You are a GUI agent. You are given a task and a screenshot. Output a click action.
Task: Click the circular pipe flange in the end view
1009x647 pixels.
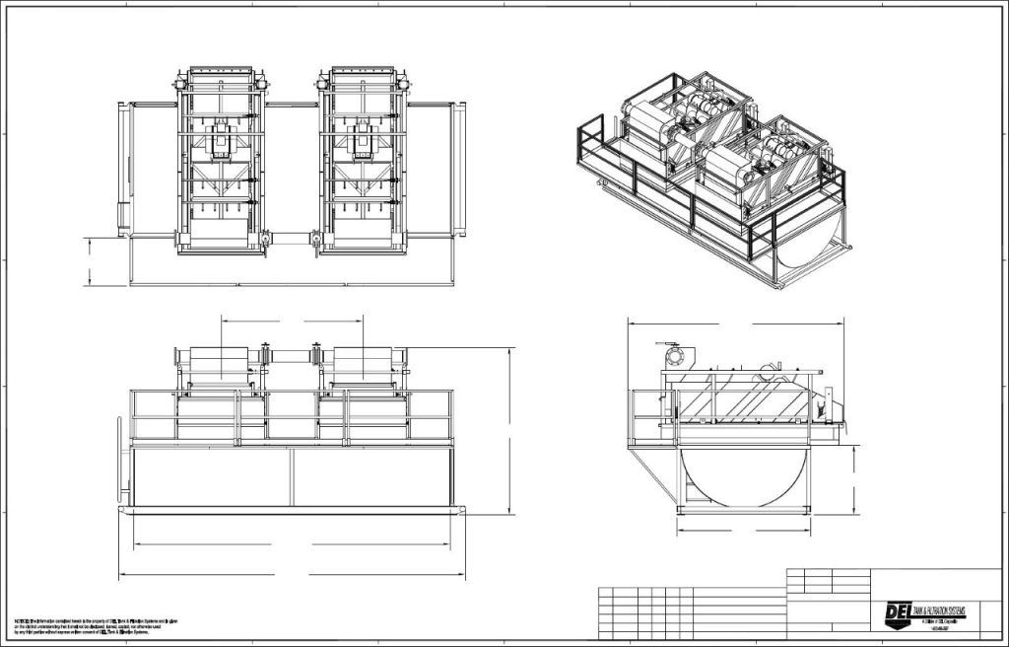[x=674, y=355]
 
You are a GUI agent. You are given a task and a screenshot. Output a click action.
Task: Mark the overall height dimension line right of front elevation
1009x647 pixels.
[x=511, y=430]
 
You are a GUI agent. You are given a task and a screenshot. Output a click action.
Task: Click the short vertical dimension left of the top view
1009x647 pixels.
[x=90, y=260]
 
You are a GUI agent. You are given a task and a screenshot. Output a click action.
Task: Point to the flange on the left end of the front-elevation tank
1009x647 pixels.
[x=123, y=464]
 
